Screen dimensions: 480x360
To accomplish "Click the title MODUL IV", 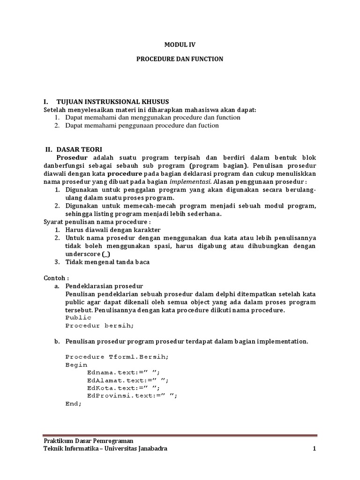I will pyautogui.click(x=180, y=45).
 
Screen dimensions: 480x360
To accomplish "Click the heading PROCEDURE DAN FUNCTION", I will pyautogui.click(x=180, y=59).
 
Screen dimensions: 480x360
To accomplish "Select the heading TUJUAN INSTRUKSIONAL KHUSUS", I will pyautogui.click(x=112, y=102).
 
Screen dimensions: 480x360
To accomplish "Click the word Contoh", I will pyautogui.click(x=56, y=278).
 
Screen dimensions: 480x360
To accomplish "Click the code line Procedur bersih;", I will pyautogui.click(x=99, y=325).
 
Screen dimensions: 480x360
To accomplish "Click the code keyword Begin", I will pyautogui.click(x=76, y=365).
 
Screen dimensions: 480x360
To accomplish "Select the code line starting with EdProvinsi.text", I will pyautogui.click(x=133, y=396).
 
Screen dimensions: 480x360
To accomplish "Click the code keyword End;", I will pyautogui.click(x=74, y=404).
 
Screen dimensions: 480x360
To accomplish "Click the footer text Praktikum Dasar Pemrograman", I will pyautogui.click(x=88, y=441).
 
